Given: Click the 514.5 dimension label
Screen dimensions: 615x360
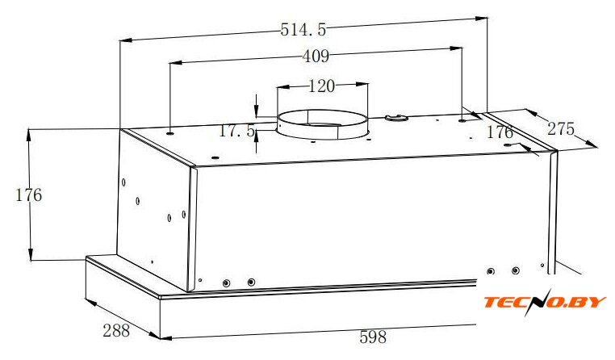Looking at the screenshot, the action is (x=303, y=30).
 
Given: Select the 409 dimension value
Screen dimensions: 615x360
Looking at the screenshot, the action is (x=316, y=57).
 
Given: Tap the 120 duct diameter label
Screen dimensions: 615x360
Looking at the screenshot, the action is (x=321, y=86).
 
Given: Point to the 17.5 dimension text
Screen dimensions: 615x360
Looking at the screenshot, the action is (x=236, y=131).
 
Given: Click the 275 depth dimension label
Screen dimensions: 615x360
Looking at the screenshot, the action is (x=561, y=129).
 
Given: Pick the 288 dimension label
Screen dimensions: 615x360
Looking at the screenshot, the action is (x=116, y=331).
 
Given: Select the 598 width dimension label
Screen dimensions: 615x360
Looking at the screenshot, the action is (x=373, y=337).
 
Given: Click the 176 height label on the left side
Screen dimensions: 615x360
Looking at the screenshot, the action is (x=28, y=195).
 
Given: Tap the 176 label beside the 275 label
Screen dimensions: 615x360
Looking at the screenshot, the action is (x=500, y=132).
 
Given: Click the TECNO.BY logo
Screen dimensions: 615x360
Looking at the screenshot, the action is (x=545, y=302).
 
